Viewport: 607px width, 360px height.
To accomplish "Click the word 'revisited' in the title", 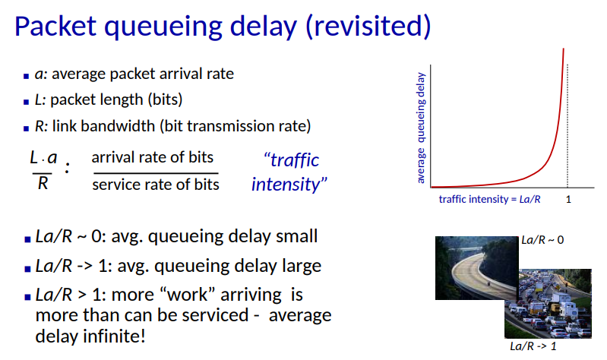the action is (368, 26).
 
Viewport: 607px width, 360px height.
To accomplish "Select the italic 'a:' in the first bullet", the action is (41, 74).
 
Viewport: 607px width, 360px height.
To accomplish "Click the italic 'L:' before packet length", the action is (40, 99).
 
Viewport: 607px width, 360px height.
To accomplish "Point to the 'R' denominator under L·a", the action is (43, 183).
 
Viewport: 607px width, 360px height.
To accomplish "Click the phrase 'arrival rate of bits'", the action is (152, 157).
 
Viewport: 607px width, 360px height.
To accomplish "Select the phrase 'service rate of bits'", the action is (156, 185).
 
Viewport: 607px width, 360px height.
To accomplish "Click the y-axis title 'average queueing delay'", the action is (420, 128).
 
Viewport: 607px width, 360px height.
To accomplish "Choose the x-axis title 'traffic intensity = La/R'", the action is (489, 199).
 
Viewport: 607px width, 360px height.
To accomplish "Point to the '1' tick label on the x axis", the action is (568, 199).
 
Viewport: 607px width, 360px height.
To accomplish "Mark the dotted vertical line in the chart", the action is (567, 126).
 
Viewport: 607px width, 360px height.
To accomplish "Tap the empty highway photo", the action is (476, 267).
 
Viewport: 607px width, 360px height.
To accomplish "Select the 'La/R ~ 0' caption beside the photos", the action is (542, 240).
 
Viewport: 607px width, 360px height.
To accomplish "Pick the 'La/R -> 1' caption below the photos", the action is (533, 346).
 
